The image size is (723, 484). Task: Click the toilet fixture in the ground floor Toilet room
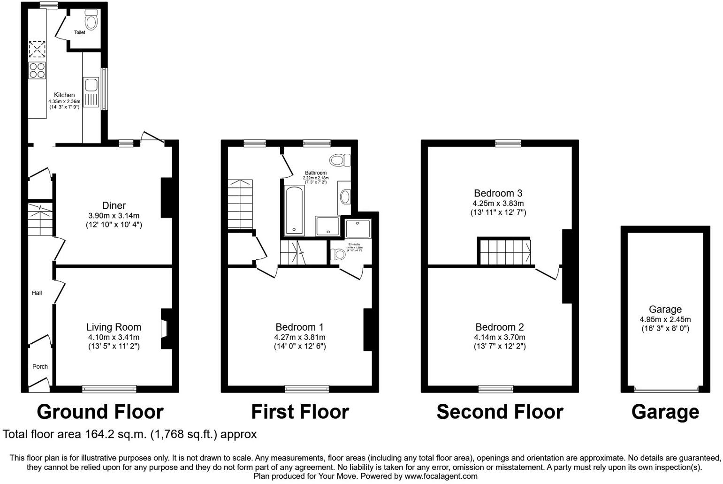[x=91, y=20]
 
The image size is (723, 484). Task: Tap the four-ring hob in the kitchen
[x=38, y=70]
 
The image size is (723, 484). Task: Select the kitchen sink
[x=91, y=85]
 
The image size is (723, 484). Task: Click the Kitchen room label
[x=64, y=95]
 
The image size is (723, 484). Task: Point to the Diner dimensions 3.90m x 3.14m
[x=114, y=216]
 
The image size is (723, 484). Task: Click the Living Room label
[x=114, y=327]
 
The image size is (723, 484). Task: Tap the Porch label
[x=40, y=366]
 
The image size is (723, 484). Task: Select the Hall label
[x=37, y=293]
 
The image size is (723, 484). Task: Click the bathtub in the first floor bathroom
[x=294, y=211]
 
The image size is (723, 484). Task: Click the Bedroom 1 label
[x=299, y=327]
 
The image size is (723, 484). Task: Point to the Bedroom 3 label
[x=498, y=193]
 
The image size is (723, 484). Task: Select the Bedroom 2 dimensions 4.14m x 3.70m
[x=499, y=337]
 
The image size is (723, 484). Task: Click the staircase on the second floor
[x=504, y=252]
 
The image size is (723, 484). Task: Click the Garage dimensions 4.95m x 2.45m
[x=665, y=319]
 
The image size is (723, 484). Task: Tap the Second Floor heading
[x=499, y=412]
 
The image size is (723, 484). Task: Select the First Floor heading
[x=300, y=412]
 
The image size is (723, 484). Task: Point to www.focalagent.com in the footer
[x=441, y=476]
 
